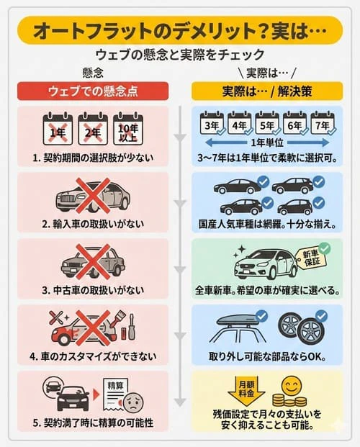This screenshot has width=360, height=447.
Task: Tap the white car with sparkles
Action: (x=264, y=264)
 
